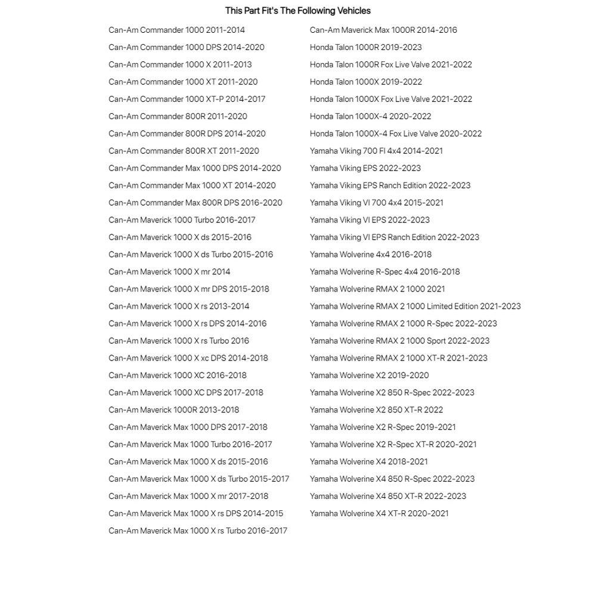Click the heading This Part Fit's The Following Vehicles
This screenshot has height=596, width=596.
tap(297, 11)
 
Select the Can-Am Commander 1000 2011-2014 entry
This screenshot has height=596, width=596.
tap(176, 30)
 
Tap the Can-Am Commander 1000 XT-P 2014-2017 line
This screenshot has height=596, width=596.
tap(187, 99)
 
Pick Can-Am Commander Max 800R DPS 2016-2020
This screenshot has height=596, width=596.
tap(195, 203)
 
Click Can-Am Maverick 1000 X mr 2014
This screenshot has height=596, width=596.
tap(169, 272)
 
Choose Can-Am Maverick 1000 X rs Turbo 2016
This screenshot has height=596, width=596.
tap(179, 341)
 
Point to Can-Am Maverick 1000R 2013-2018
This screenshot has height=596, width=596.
tap(173, 410)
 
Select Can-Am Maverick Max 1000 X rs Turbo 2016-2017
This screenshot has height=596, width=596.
tap(197, 531)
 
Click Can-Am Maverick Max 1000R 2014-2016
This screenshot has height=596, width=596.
tap(383, 30)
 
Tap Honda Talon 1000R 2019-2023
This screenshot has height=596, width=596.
tap(365, 47)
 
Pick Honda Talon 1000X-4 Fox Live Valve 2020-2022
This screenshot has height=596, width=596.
tap(396, 134)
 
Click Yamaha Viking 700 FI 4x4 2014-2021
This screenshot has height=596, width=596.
tap(376, 151)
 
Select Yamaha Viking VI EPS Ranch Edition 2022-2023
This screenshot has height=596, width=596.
tap(394, 237)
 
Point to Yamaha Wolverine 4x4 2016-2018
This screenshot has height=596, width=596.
tap(370, 254)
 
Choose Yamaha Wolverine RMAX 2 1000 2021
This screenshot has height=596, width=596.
tap(377, 289)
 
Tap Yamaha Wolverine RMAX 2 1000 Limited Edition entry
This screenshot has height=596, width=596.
tap(415, 306)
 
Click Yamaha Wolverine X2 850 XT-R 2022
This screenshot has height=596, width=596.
tap(376, 410)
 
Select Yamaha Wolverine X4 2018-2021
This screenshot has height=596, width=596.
tap(368, 462)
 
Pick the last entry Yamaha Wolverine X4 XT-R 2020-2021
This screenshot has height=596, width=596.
tap(379, 514)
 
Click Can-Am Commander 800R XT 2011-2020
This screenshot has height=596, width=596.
tap(184, 151)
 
